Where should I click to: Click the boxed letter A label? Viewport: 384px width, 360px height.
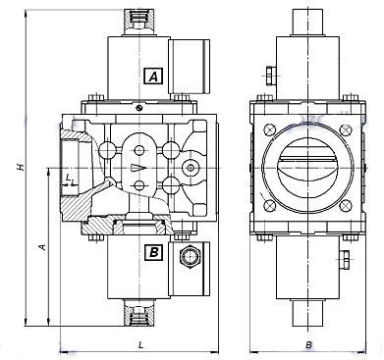153,77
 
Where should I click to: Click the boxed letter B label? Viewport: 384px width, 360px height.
153,252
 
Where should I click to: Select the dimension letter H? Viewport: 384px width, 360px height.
21,167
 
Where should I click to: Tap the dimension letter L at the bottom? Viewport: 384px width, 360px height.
140,344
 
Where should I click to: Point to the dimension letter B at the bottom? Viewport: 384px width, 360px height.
308,344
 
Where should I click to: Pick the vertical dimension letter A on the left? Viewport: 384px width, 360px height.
42,247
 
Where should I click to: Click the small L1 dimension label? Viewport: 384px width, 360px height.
69,179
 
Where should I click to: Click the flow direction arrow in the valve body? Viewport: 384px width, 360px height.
137,168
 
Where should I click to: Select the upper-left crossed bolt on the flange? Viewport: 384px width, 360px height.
269,129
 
